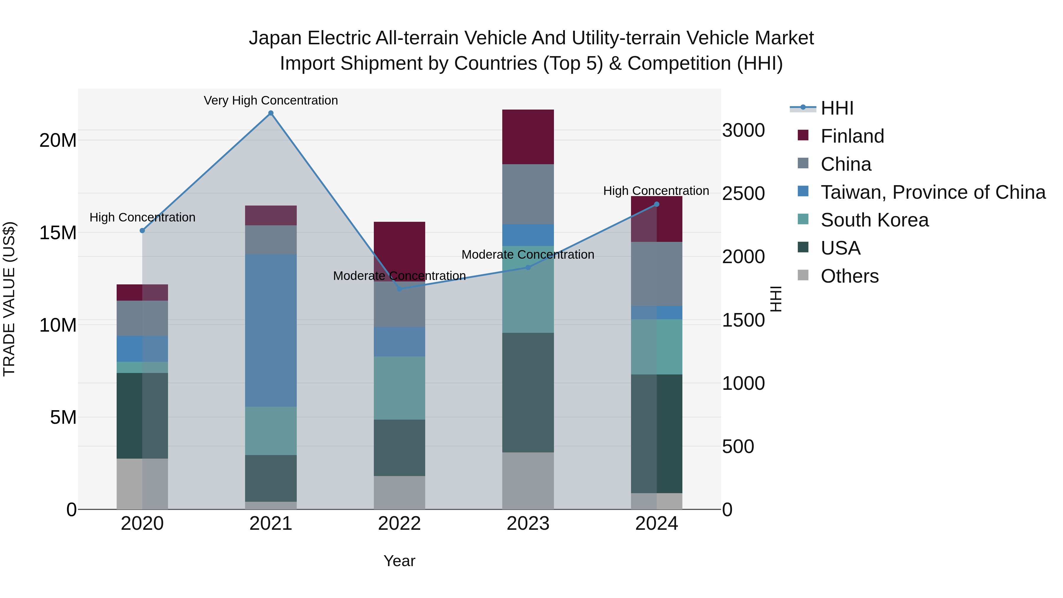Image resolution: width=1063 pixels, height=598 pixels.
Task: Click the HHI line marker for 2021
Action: (x=271, y=113)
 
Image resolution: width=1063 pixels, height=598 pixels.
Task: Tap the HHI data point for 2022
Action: (x=400, y=289)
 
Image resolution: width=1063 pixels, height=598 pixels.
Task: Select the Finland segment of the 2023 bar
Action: (x=528, y=137)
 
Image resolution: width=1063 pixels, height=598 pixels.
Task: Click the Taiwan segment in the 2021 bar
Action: (x=271, y=330)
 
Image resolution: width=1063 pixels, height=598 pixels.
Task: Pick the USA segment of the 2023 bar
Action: (x=528, y=392)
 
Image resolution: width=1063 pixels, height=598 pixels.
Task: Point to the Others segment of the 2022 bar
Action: (x=400, y=492)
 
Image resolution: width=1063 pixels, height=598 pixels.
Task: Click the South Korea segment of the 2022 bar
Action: (x=400, y=388)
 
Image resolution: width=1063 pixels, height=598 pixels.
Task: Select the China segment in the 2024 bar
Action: (x=656, y=274)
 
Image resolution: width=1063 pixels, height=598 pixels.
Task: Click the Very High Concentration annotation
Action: (x=271, y=100)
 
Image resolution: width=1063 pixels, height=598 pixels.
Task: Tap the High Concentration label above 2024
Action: (x=656, y=191)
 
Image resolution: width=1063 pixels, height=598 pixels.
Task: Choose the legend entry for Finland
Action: (x=852, y=136)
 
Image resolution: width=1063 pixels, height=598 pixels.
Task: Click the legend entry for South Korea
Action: (x=874, y=220)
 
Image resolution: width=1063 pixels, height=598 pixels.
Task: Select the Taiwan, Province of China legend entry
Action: (x=932, y=192)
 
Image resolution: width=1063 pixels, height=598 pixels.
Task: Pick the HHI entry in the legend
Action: (x=837, y=108)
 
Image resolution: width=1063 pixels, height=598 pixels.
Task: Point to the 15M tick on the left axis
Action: (x=58, y=233)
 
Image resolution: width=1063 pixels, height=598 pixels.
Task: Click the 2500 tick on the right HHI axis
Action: (x=743, y=193)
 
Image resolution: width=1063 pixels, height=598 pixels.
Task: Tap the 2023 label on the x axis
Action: (x=528, y=524)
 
